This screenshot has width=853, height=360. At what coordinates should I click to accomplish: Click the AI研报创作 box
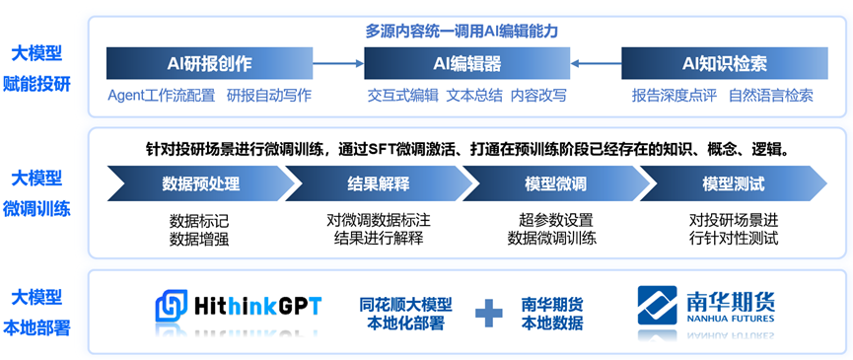click(x=209, y=64)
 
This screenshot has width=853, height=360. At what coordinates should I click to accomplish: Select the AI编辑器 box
click(x=466, y=64)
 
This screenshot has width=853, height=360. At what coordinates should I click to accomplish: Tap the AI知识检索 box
click(x=725, y=64)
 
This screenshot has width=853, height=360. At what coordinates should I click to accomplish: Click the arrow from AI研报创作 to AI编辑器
click(x=338, y=64)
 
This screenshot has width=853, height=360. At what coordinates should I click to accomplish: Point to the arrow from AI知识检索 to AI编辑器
click(x=596, y=64)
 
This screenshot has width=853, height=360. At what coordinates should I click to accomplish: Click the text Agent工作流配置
click(x=161, y=96)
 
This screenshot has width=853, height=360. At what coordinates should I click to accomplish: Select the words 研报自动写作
click(x=269, y=96)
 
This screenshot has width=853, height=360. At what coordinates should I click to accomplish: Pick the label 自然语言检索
click(x=771, y=96)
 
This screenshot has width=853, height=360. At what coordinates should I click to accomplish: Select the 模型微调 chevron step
click(x=555, y=183)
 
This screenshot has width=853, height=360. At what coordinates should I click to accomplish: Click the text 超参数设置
click(x=555, y=221)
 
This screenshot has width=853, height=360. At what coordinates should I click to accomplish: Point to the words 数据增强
click(x=199, y=239)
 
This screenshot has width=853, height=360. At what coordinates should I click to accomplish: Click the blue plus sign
click(x=489, y=314)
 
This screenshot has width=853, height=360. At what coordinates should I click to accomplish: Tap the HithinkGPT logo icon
click(x=172, y=306)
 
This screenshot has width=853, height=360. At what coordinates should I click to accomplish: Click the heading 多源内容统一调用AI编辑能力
click(x=462, y=31)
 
